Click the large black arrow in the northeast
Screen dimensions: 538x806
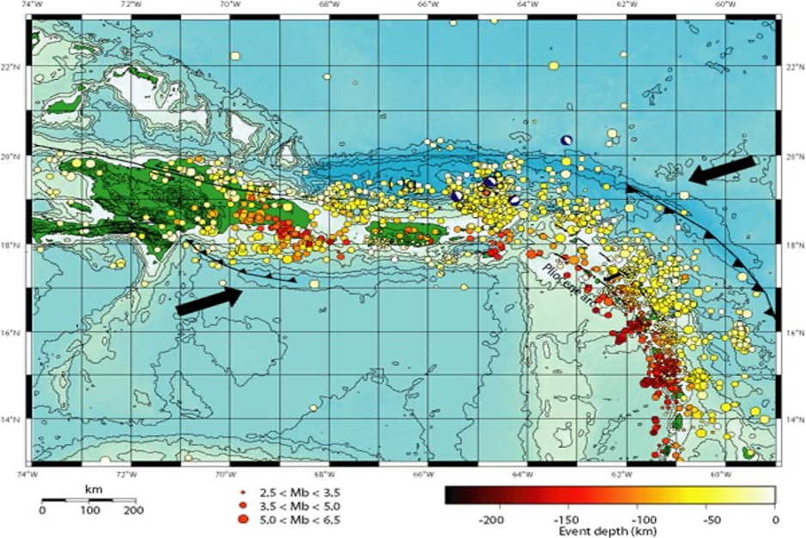(x=724, y=170)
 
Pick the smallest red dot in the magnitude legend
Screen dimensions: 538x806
(x=243, y=492)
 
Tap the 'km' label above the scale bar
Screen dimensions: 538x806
(x=93, y=487)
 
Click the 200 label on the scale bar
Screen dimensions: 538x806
(x=134, y=511)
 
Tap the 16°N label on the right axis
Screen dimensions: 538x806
(x=795, y=332)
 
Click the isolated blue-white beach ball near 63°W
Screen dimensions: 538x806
(x=566, y=140)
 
